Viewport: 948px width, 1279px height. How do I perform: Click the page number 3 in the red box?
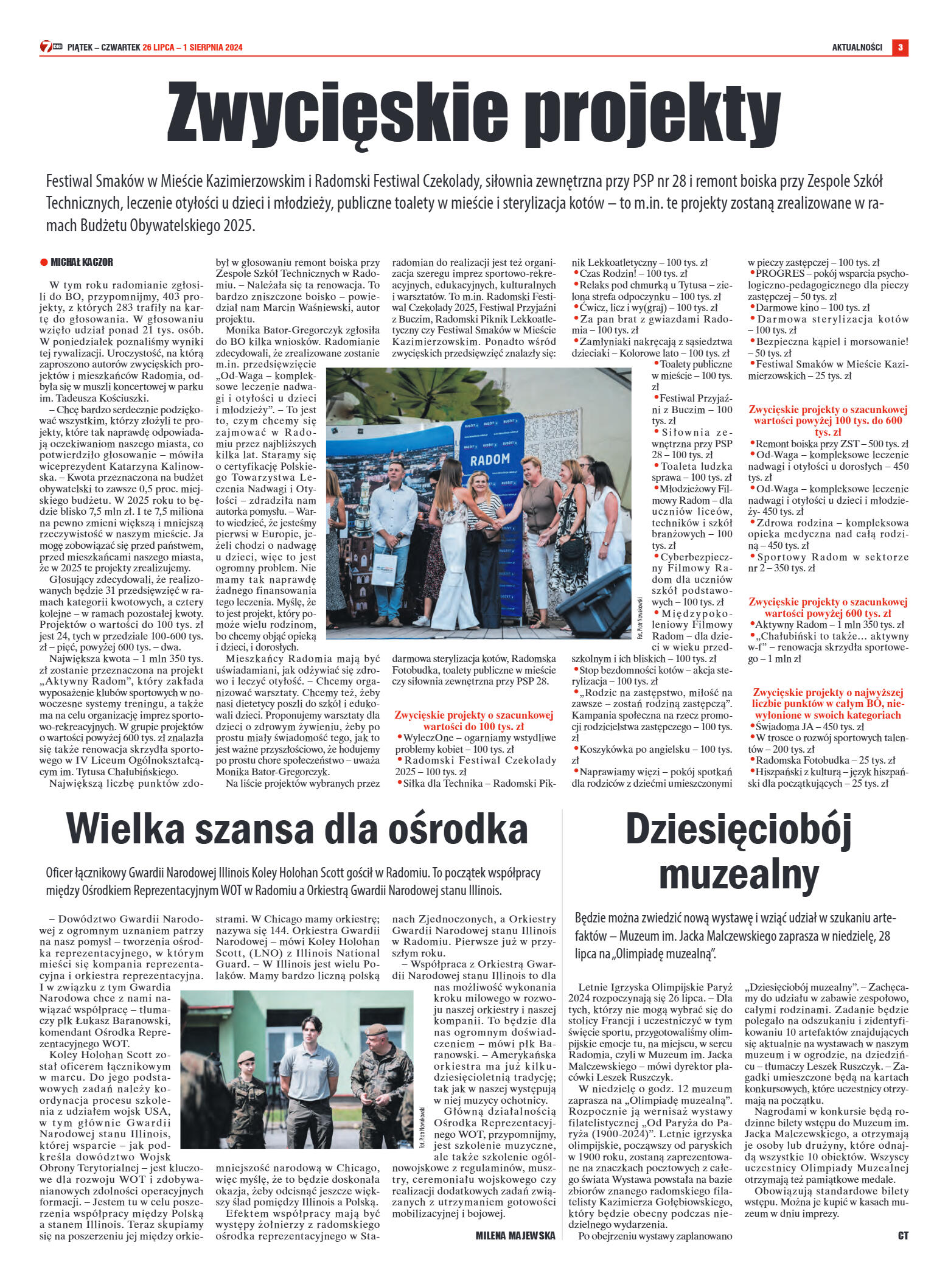coord(900,47)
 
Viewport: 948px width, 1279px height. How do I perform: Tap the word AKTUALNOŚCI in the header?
coord(857,47)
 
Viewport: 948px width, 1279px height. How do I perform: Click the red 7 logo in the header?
coord(47,47)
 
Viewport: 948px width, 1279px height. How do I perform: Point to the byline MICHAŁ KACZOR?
coord(82,262)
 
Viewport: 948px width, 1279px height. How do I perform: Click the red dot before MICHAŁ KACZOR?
coord(44,262)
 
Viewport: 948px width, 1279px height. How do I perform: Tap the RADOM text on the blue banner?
coord(490,459)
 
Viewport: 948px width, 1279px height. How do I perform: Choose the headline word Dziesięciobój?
coord(738,829)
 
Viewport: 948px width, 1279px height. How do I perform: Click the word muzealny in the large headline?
coord(738,874)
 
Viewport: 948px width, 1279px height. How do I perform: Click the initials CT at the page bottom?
coord(903,1235)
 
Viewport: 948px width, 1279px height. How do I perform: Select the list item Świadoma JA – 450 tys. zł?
coord(809,727)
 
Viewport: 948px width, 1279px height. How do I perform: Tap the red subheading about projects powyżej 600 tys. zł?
coord(828,607)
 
